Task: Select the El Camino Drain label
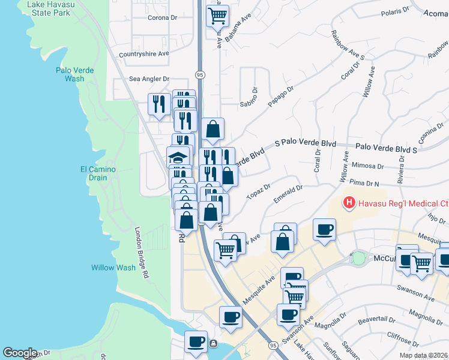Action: point(98,173)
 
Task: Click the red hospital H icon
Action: point(349,203)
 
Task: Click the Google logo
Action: point(20,353)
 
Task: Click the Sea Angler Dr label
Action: point(149,79)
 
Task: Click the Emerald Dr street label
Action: point(289,193)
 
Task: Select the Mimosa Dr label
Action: point(369,165)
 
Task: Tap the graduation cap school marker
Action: point(178,158)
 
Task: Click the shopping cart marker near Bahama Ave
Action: point(217,16)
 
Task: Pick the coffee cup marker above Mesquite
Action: point(324,230)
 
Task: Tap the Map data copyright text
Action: point(424,355)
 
